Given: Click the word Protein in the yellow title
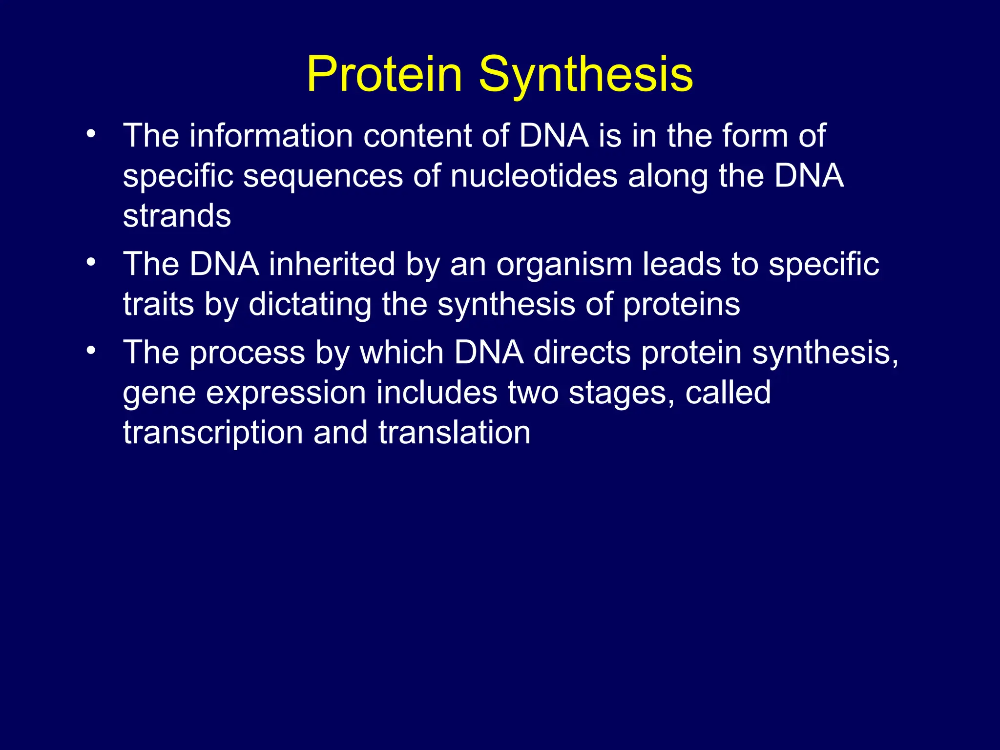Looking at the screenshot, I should pos(384,74).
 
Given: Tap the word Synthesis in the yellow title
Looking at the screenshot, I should pos(585,74).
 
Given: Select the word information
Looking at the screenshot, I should pos(271,135).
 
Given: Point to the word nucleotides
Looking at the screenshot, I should pos(534,176).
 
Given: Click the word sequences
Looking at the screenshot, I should pos(323,176).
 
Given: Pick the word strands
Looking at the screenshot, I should pos(177,216).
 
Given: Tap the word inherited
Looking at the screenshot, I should pos(332,264).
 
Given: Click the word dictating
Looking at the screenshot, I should pos(310,304).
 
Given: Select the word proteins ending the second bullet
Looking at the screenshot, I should pos(682,304).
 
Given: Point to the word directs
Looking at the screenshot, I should pos(582,352).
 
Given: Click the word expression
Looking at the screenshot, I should pos(286,392).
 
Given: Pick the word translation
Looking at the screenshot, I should pos(454,433).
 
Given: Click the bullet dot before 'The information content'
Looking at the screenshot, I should pos(91,134).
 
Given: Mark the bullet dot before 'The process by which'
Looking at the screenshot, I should pos(91,351).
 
